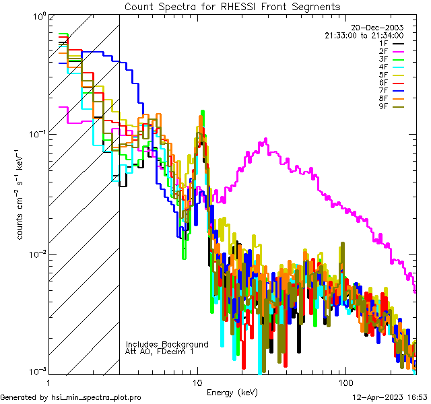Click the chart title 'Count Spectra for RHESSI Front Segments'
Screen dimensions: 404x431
coord(232,6)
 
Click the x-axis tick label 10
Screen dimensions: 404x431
coord(197,382)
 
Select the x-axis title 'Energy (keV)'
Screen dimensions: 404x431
coord(232,392)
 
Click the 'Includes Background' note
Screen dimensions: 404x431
coord(167,344)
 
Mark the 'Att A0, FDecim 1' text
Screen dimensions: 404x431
coord(160,351)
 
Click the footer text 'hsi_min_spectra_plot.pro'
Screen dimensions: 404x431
coord(96,397)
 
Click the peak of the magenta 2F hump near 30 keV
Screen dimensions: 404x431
coord(267,139)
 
